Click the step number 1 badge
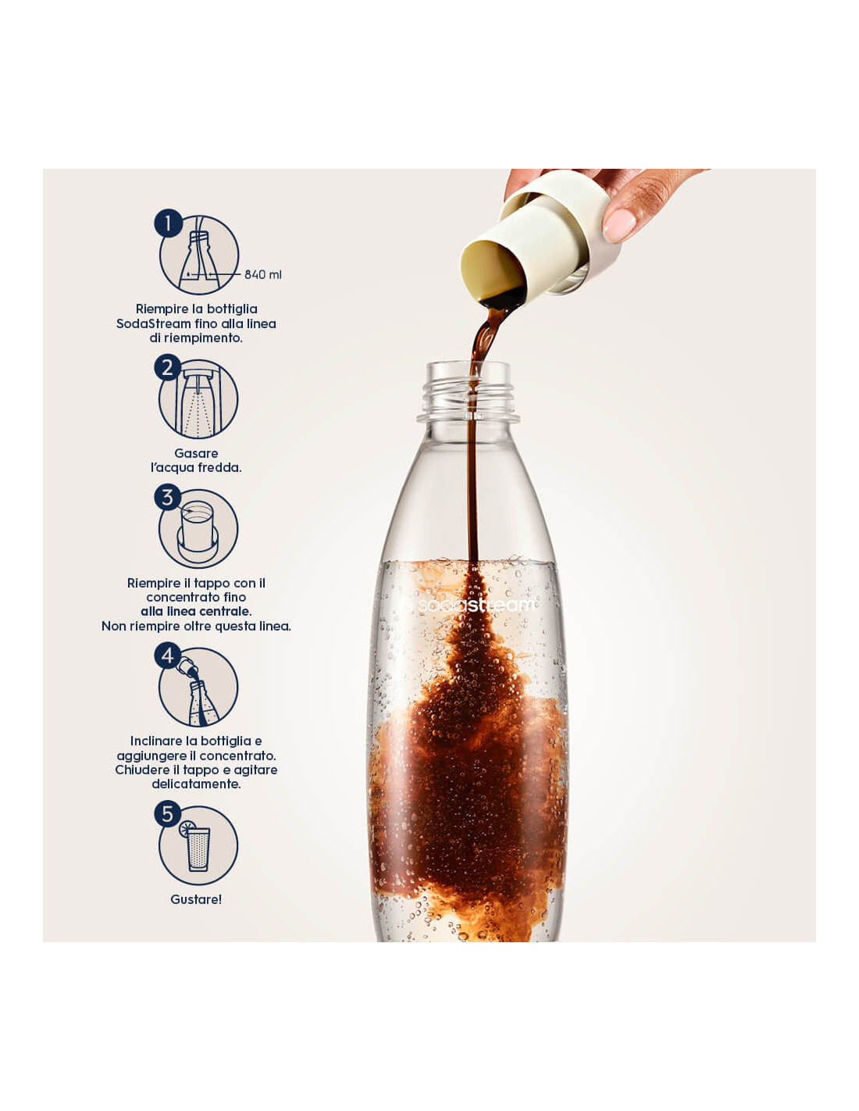click(168, 223)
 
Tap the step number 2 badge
click(168, 368)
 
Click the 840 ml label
click(262, 274)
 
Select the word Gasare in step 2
click(196, 453)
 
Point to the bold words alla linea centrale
click(196, 612)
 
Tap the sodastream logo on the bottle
click(476, 606)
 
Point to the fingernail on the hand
click(618, 224)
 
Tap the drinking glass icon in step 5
click(198, 849)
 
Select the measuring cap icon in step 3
click(198, 530)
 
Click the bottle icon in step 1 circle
click(199, 261)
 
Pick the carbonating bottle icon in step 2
click(198, 404)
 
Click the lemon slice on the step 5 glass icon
click(187, 829)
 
